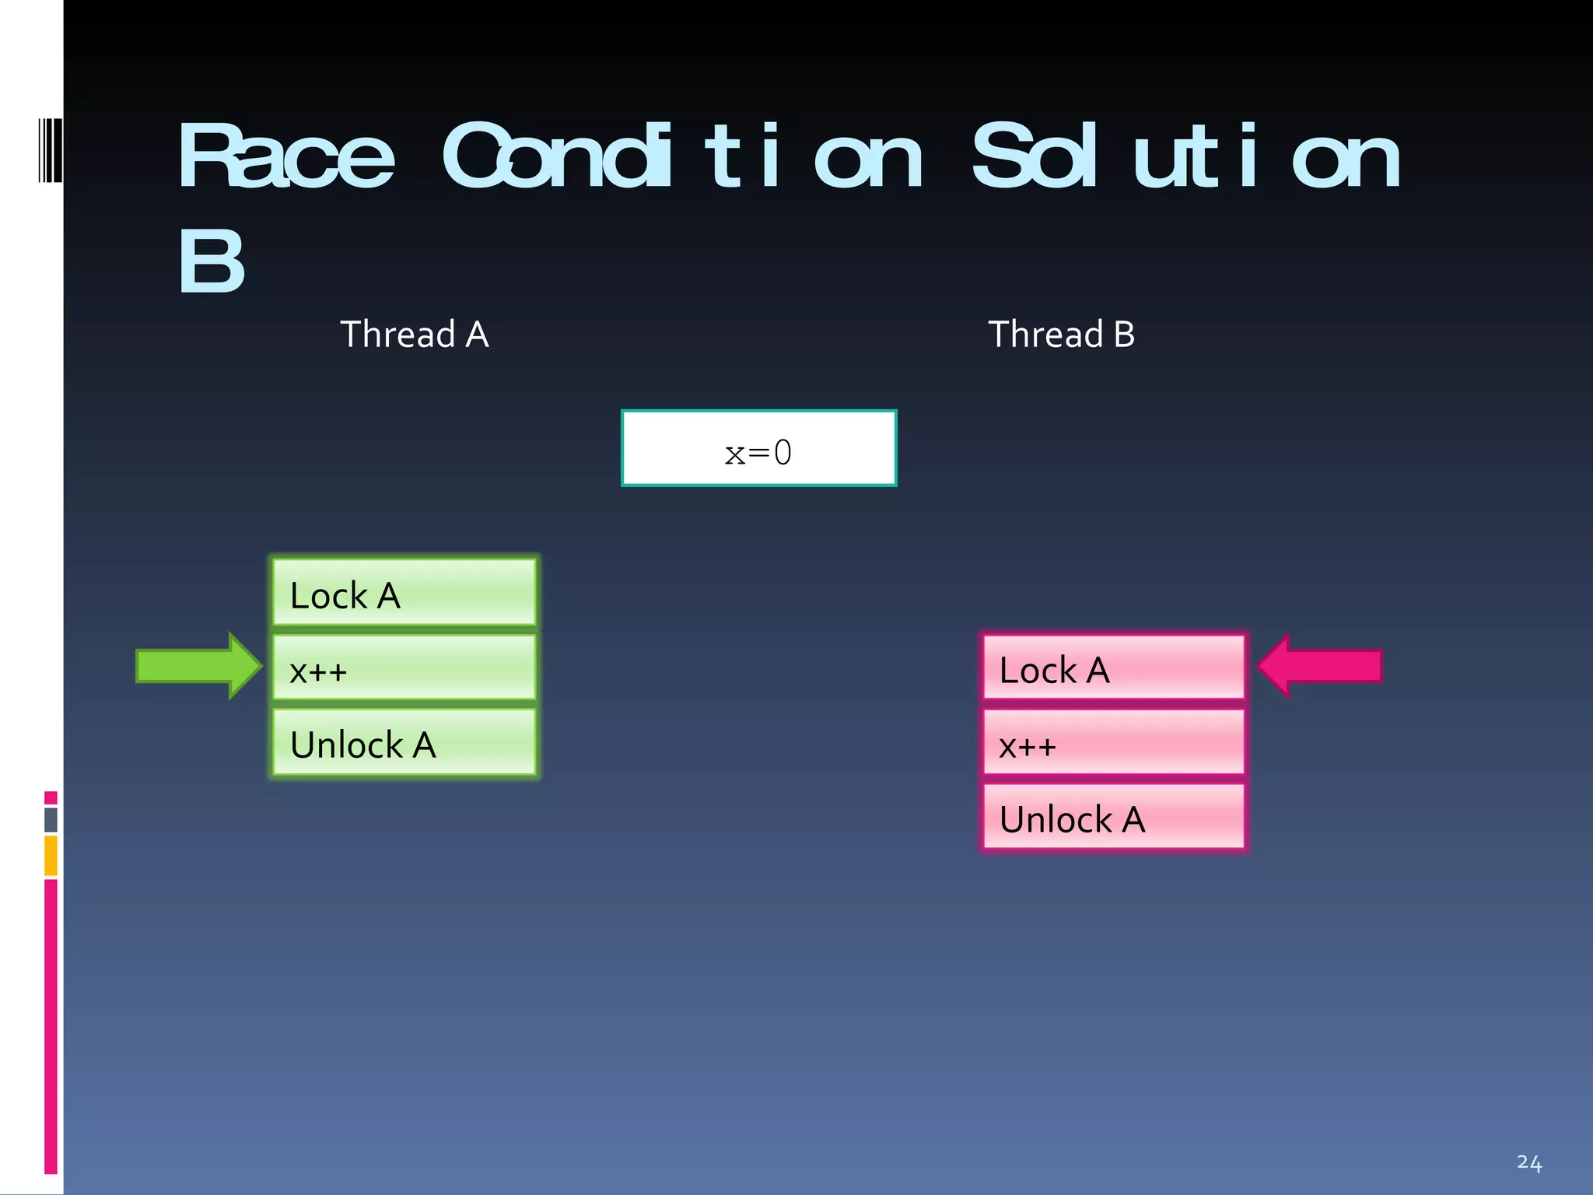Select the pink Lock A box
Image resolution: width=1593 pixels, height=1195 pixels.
pos(1114,668)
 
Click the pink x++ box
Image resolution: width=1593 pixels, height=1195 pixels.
pos(1114,742)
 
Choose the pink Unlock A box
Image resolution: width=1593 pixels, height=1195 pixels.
pos(1114,817)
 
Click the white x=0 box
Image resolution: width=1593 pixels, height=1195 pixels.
pos(758,449)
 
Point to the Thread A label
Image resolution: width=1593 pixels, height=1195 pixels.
pos(415,335)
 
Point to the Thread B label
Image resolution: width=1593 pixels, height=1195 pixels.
pos(1061,335)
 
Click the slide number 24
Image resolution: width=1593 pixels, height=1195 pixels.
pos(1528,1162)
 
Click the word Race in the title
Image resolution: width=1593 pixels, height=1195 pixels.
pos(286,157)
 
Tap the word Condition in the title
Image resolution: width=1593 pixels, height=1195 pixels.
pos(682,157)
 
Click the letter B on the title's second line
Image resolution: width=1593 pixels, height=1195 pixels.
pos(211,261)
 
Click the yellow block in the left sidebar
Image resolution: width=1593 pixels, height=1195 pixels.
pos(51,855)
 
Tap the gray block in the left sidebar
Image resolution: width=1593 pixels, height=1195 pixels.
pos(51,820)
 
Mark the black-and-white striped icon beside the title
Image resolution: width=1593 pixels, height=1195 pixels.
pos(50,150)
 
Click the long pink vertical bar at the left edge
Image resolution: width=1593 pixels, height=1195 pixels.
pos(51,1025)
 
